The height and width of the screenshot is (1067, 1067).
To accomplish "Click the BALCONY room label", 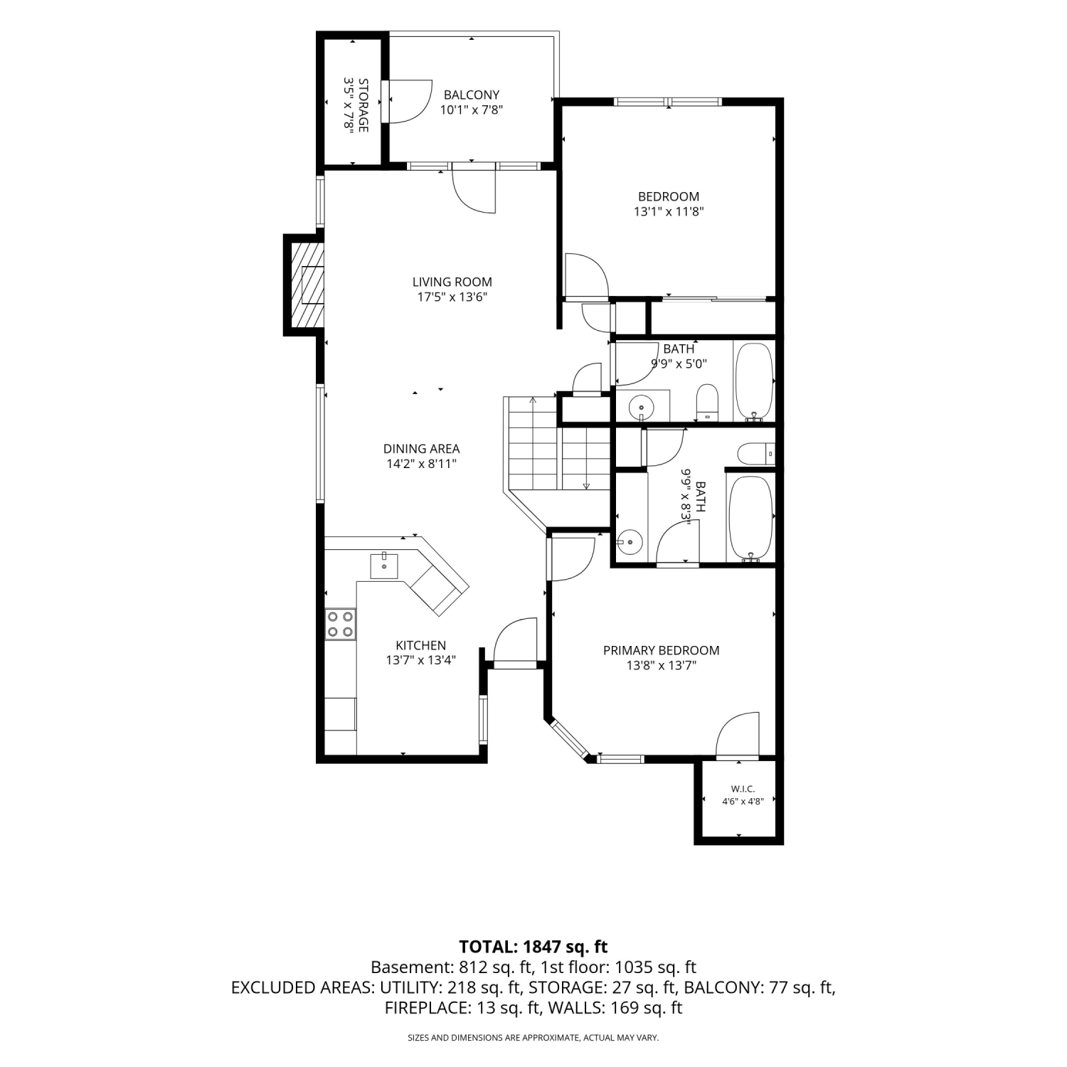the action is [472, 95].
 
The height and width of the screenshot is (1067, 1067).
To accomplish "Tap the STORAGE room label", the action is [363, 105].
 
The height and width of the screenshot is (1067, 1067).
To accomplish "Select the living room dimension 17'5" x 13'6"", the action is [452, 297].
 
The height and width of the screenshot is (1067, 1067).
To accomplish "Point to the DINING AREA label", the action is [421, 449].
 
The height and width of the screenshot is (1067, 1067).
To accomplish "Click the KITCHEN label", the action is [421, 645].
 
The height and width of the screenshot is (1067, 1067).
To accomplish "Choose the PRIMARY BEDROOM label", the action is [661, 650].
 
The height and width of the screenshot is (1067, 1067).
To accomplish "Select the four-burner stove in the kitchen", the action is [341, 624].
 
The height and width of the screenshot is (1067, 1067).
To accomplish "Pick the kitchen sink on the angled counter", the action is [384, 566].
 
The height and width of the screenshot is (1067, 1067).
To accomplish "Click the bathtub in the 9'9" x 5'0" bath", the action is [754, 382].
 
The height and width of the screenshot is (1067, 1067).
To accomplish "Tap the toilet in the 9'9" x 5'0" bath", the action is [708, 402].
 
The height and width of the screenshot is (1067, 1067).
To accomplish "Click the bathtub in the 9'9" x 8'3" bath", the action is [750, 519].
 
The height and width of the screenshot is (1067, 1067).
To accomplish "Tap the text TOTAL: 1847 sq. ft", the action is [533, 947].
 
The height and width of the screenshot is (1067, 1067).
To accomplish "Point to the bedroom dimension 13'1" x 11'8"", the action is [669, 211].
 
